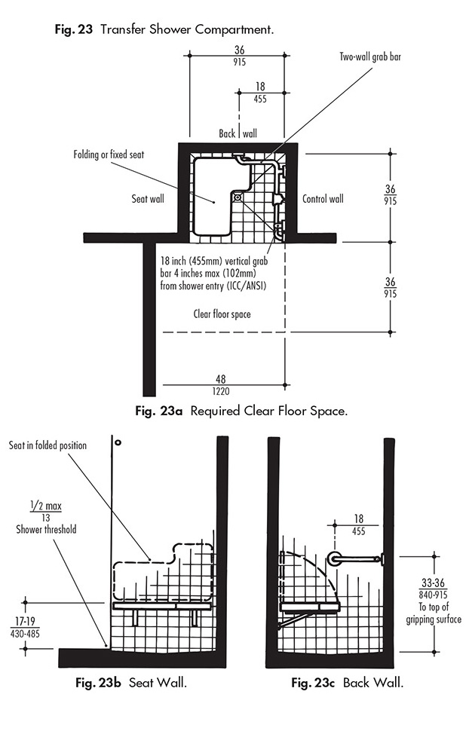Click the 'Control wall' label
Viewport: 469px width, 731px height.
tap(323, 199)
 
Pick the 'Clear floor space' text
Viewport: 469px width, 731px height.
tap(222, 314)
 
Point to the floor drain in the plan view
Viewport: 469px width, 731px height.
tap(238, 197)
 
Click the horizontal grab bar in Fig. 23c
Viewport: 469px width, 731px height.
tap(358, 559)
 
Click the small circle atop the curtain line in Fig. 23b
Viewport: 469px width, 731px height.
tap(118, 442)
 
